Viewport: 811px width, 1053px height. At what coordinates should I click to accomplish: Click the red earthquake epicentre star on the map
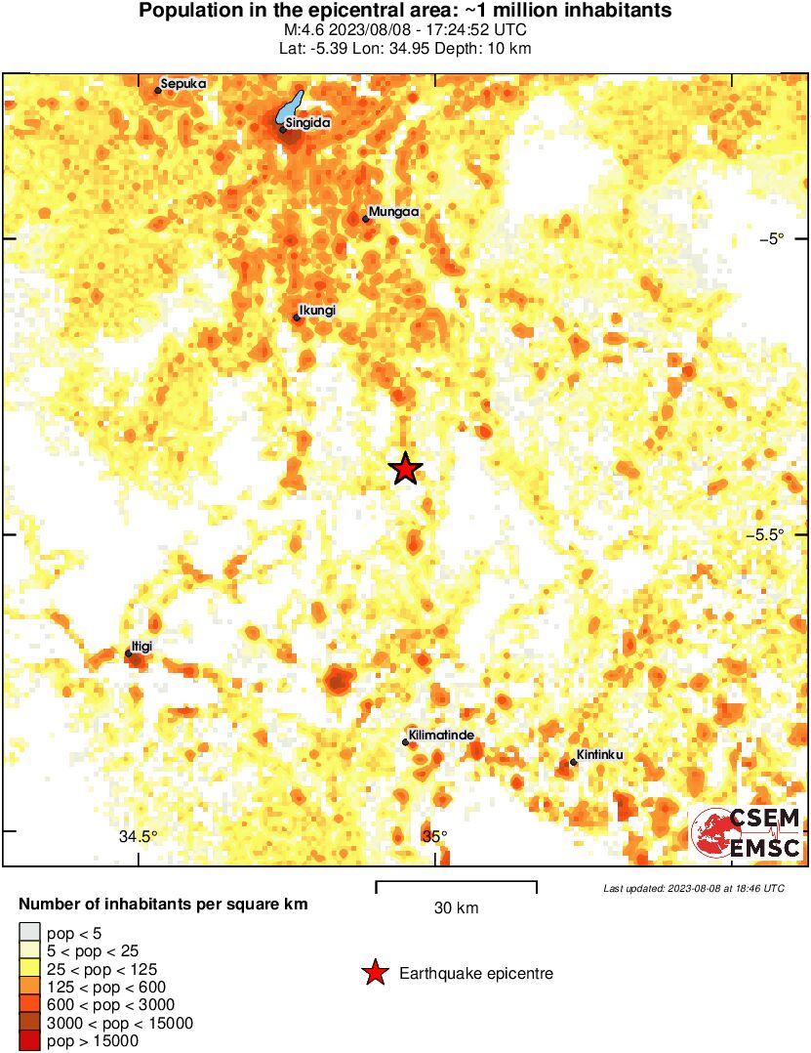pos(406,470)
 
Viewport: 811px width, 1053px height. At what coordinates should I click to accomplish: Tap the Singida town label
pos(309,123)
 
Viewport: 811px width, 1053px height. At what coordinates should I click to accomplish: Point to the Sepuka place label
pos(183,84)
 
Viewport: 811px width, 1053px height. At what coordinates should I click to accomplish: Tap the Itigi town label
pos(142,647)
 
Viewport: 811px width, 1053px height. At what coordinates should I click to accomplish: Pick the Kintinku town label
pos(599,755)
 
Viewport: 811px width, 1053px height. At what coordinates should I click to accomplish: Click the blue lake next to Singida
pos(290,108)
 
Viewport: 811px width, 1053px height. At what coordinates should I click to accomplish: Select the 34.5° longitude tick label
pos(139,836)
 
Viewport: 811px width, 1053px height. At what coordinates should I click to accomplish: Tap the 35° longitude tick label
pos(434,836)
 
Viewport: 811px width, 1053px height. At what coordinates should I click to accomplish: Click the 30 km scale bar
pos(456,883)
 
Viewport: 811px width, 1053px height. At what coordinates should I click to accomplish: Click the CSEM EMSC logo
pos(747,833)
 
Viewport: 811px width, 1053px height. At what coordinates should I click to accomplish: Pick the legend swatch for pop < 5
pos(30,933)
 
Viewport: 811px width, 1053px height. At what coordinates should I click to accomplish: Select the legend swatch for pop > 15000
pos(30,1041)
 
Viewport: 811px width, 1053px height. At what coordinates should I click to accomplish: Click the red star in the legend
pos(374,973)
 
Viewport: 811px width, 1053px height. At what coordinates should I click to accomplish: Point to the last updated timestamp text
pos(693,888)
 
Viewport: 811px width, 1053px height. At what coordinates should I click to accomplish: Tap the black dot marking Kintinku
pos(574,762)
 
